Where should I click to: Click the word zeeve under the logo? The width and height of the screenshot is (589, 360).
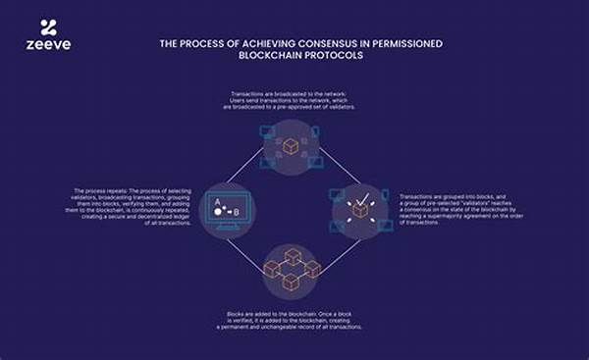tap(47, 46)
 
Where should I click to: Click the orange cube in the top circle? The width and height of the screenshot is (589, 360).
tap(292, 146)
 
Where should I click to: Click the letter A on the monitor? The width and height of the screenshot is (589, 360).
tap(217, 203)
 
